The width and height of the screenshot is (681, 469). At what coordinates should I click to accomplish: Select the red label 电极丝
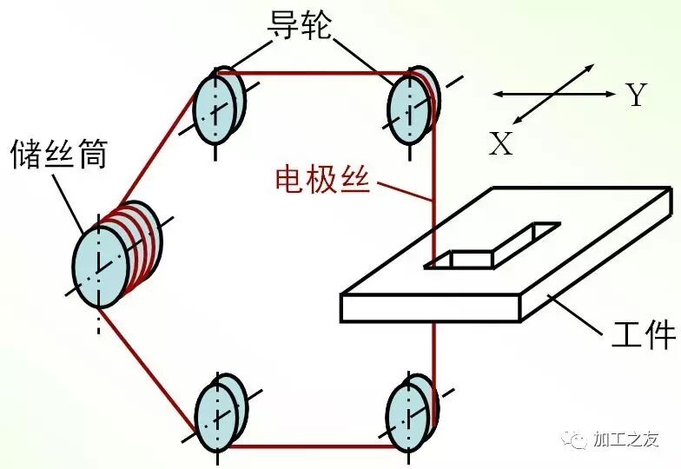(x=322, y=179)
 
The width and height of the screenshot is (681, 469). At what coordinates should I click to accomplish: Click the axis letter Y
(x=637, y=95)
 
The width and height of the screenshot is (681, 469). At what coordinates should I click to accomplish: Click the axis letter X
(x=500, y=143)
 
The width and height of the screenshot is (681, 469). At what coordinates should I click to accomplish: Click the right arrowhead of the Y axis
(x=610, y=93)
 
